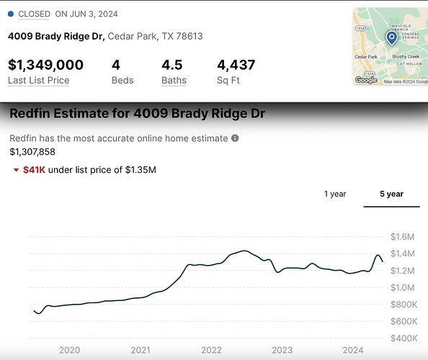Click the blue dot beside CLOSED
coord(11,14)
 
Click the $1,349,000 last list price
coord(45,65)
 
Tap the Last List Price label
coord(38,80)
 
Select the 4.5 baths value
coord(174,65)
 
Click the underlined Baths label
coord(174,80)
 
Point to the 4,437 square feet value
coord(236,65)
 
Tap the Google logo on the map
coord(366,80)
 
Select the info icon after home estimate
coord(235,138)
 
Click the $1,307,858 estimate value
coord(32,151)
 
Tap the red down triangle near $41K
coord(16,170)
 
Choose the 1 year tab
coord(335,194)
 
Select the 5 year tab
coord(391,194)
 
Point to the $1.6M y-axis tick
coord(402,237)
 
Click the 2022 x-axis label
coord(211,350)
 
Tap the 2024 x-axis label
coord(353,350)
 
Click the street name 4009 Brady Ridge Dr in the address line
coord(56,36)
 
